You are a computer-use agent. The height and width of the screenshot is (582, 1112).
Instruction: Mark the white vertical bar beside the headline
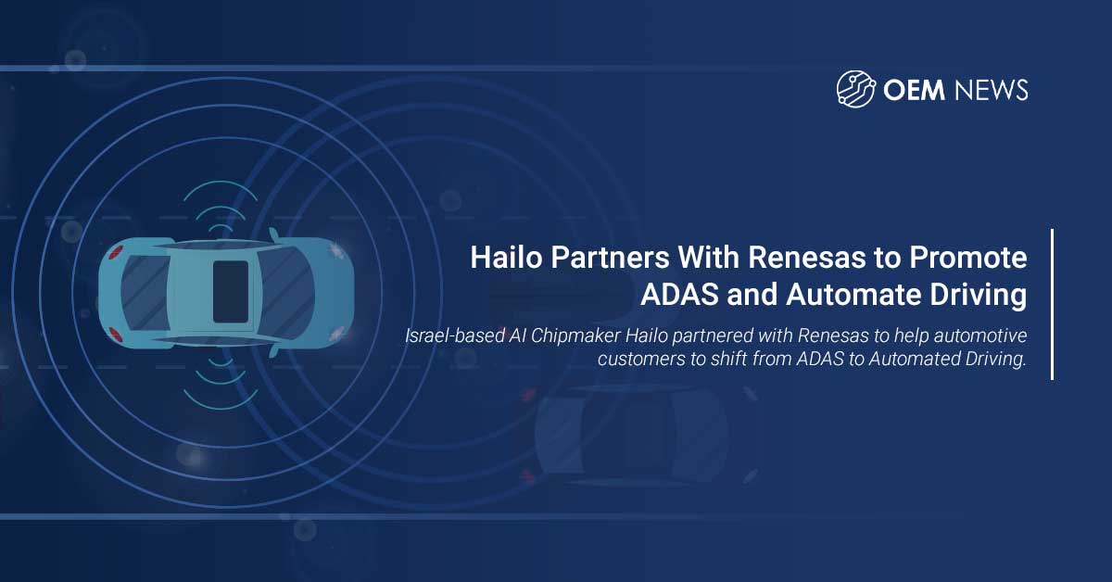[x=1052, y=304]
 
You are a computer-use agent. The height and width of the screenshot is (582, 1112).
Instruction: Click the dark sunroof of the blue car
[x=230, y=291]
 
